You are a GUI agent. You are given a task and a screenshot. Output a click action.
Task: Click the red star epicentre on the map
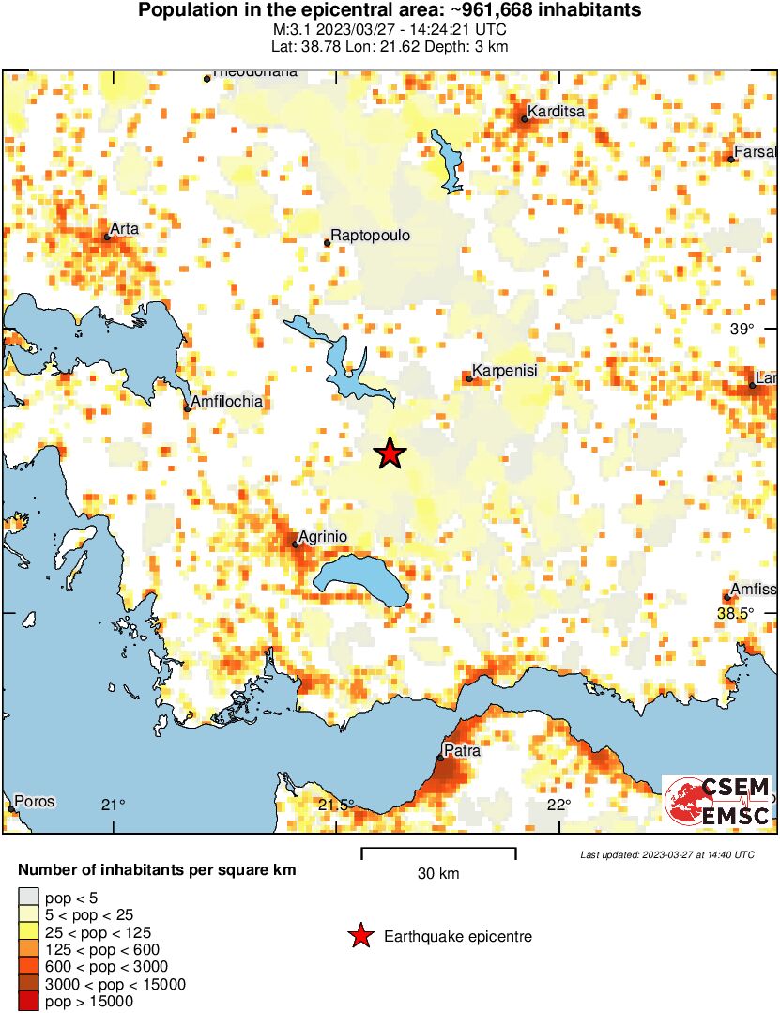click(390, 453)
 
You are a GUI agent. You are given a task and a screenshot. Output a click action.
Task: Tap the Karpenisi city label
click(504, 371)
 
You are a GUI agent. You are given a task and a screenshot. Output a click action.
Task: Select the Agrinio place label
click(323, 536)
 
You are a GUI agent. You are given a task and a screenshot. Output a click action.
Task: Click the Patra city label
click(462, 751)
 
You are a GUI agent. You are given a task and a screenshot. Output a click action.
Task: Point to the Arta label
click(125, 228)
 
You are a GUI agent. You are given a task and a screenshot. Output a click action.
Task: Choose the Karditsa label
click(556, 112)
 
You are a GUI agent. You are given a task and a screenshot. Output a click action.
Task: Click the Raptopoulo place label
click(371, 236)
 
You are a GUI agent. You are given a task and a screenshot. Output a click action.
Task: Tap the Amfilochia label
click(226, 402)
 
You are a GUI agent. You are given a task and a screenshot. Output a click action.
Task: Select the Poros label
click(35, 802)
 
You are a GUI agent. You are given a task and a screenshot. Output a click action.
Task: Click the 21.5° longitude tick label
click(335, 805)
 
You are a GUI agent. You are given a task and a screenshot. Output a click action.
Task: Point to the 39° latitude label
click(742, 329)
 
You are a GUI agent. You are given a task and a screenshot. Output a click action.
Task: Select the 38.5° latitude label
click(735, 613)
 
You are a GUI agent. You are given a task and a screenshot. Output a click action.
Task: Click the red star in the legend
click(359, 936)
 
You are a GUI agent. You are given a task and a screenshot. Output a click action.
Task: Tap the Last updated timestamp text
click(666, 855)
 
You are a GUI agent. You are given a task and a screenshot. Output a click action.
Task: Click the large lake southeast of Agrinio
click(361, 580)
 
